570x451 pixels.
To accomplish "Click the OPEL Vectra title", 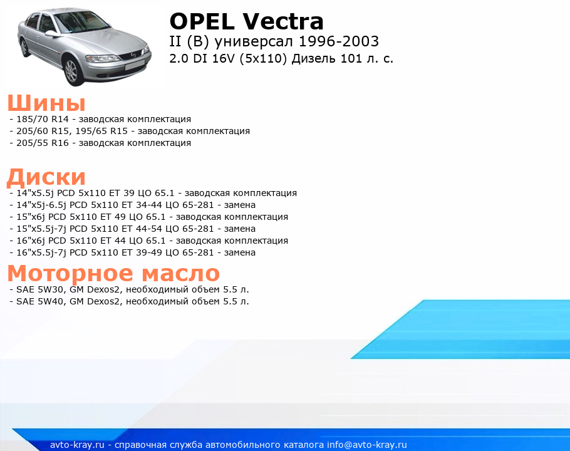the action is click(246, 21).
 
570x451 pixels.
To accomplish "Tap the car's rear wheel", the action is click(24, 48).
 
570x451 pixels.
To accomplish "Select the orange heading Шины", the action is click(46, 103).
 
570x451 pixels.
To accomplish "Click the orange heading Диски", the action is click(46, 177).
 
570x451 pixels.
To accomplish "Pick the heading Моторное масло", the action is click(113, 273).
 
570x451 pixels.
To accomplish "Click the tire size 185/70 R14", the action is click(43, 119).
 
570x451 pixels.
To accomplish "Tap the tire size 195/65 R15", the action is click(101, 131).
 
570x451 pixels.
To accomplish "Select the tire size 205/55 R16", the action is click(43, 143).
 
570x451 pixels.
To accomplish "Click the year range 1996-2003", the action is click(339, 41).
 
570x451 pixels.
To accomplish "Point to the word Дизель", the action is click(314, 58).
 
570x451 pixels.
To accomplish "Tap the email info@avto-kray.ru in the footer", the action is click(367, 445).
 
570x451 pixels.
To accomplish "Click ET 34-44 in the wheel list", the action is click(142, 205).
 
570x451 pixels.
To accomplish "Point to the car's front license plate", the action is click(135, 66).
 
